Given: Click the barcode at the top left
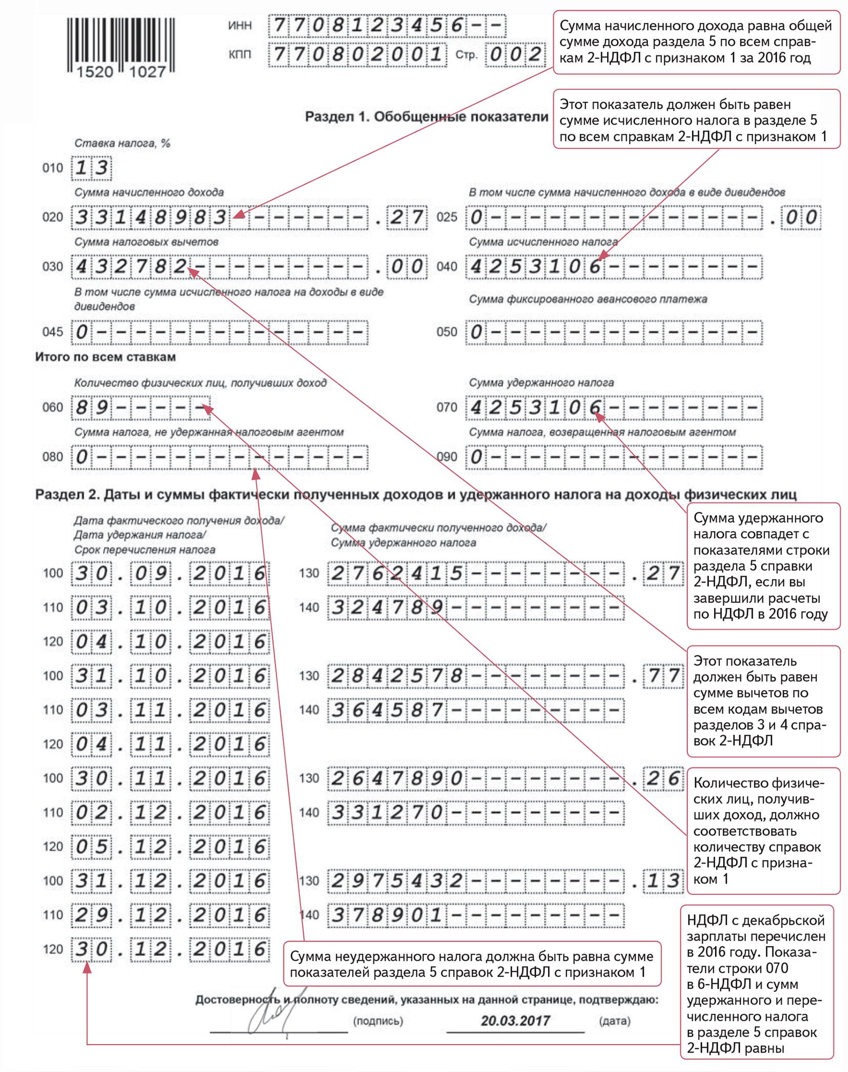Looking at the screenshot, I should (x=121, y=46).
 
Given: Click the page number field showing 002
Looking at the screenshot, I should (x=515, y=54).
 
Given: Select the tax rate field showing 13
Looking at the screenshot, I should (x=92, y=168).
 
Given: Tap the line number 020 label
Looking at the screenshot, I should (x=52, y=217).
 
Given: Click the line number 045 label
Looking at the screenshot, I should (x=52, y=332).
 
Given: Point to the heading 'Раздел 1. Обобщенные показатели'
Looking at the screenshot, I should (x=426, y=117).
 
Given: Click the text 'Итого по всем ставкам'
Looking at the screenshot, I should (x=105, y=357).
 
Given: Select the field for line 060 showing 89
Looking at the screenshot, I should (x=140, y=407).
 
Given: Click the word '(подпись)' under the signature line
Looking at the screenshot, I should (x=378, y=1021).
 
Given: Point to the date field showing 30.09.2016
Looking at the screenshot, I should (x=170, y=573).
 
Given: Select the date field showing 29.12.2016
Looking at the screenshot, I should (x=170, y=915).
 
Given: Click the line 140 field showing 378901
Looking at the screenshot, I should (x=476, y=915).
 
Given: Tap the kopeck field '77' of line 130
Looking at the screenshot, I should (x=663, y=676).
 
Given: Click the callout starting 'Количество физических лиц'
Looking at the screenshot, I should (x=763, y=830).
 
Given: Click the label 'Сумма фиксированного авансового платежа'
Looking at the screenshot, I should (x=588, y=299).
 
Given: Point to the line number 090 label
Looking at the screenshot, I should (x=447, y=457).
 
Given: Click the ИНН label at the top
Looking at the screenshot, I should (x=240, y=26).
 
